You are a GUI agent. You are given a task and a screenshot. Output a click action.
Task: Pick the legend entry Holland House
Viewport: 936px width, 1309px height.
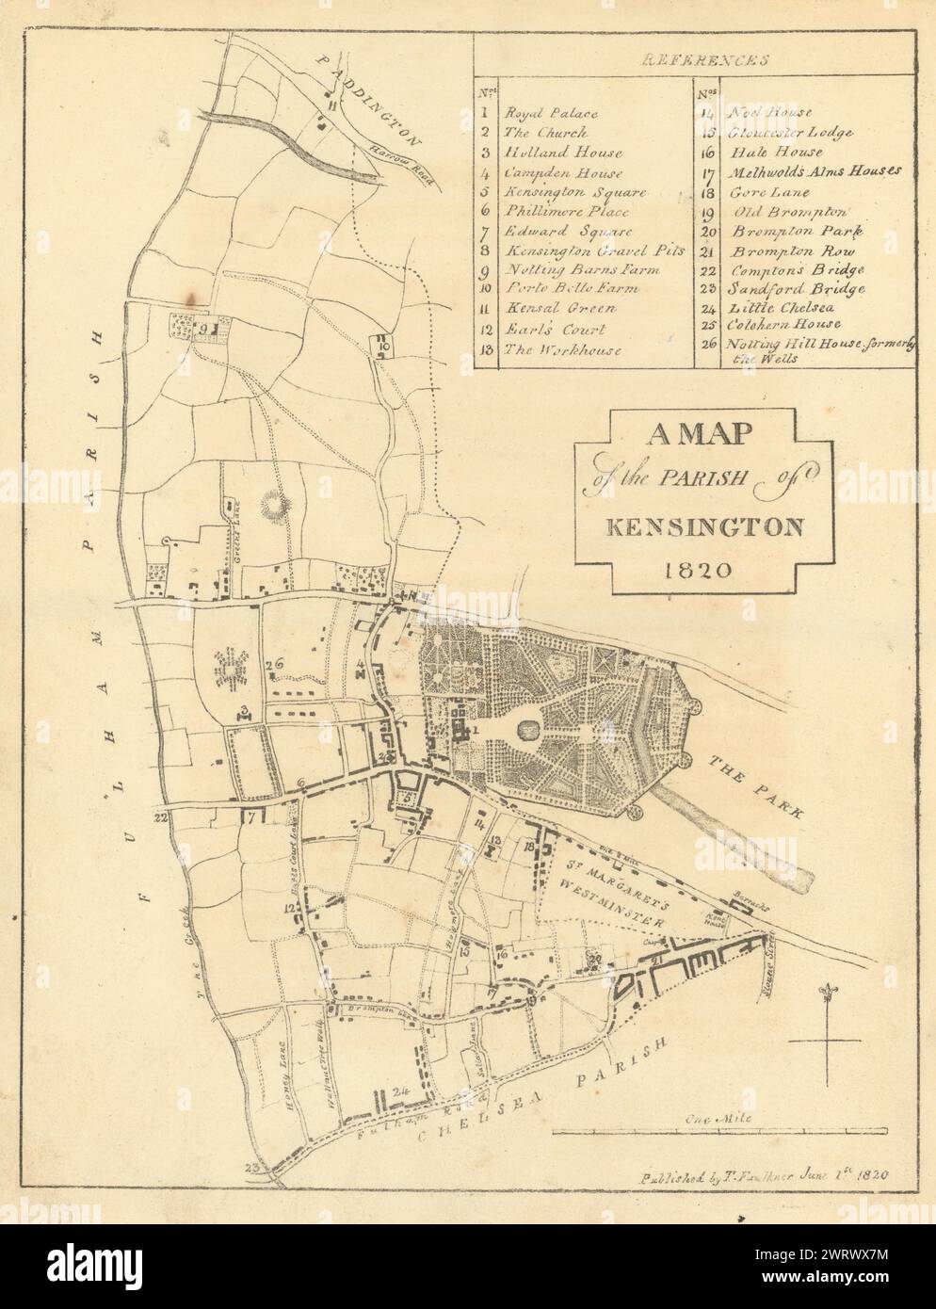tap(556, 153)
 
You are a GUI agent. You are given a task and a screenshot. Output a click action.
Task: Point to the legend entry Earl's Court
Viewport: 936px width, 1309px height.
tap(553, 331)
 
